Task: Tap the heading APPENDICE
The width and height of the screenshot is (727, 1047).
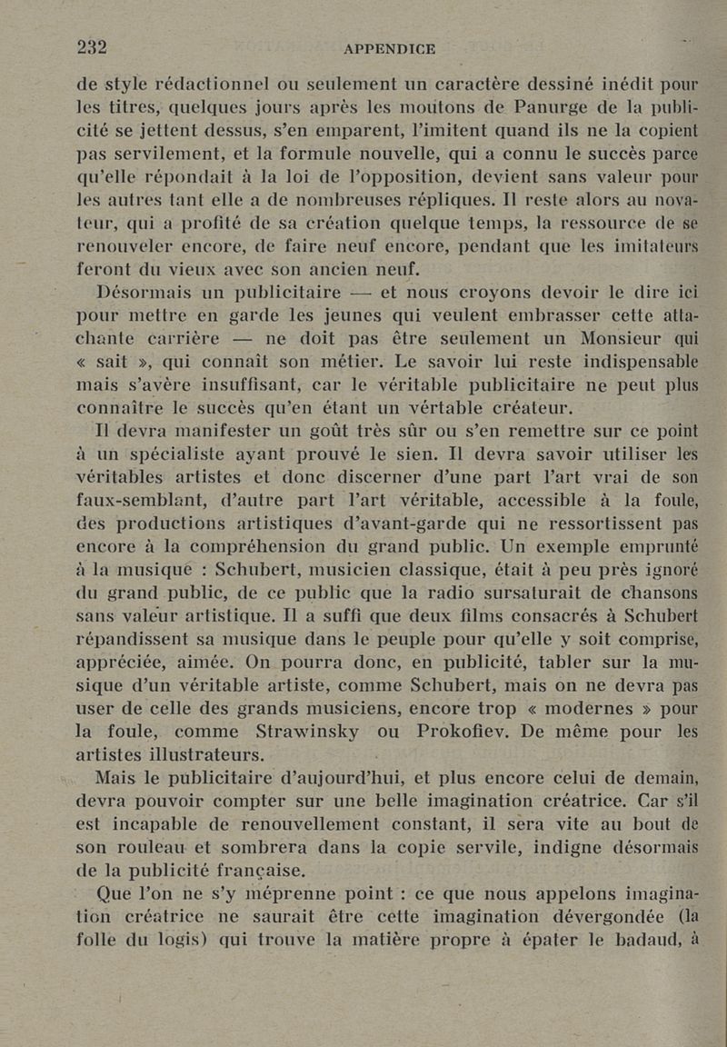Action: (x=389, y=49)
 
